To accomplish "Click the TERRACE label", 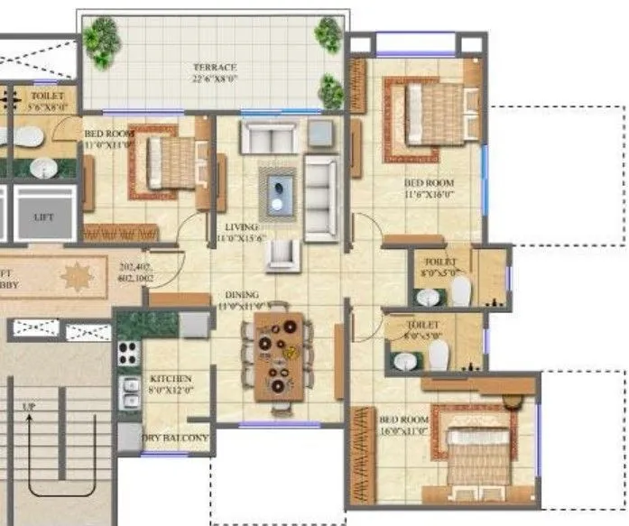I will point(214,68).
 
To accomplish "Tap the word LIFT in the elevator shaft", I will point(43,217).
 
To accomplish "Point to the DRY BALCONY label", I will point(177,438).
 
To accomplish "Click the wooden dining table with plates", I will point(277,355).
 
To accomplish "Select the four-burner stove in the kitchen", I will point(128,352).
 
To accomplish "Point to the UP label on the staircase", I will point(29,407).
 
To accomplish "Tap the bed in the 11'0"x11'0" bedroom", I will point(168,162).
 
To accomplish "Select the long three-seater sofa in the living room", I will point(320,198).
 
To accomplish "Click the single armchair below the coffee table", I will point(282,255).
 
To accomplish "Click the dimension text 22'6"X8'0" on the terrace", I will point(215,78).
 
